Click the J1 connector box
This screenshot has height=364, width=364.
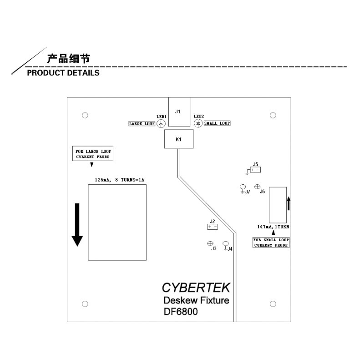point(179,112)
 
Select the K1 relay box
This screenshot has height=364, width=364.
point(179,139)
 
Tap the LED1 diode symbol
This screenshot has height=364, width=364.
point(161,123)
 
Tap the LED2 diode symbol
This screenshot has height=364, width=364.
point(198,123)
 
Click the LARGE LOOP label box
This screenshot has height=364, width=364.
point(142,123)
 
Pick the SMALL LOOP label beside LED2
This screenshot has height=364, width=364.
point(217,123)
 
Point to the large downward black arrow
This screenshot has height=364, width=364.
point(77,225)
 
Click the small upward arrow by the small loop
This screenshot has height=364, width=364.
point(289,203)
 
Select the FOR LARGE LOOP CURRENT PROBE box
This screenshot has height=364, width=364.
point(93,153)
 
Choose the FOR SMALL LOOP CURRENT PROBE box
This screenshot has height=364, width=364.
point(271,243)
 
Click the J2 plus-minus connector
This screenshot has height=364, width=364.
point(212,227)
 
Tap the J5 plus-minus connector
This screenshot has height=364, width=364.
point(255,170)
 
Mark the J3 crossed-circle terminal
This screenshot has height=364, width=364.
point(210,243)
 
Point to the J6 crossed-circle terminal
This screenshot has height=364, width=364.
point(257,187)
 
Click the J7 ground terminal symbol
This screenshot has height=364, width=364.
point(243,188)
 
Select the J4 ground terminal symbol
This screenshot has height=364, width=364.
point(225,246)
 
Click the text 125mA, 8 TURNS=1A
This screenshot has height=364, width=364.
point(120,180)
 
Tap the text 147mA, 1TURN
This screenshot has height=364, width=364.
point(273,227)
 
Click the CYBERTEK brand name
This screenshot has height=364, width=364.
point(196,288)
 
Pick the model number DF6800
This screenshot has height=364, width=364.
point(181,312)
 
